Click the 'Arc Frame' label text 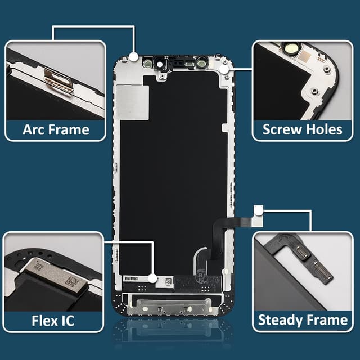click(56, 130)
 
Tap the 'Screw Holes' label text click(303, 129)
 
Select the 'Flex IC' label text click(53, 321)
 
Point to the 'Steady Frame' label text click(303, 320)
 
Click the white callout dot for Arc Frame click(133, 57)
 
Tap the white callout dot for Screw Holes click(224, 69)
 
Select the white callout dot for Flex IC click(152, 278)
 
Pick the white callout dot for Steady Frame click(259, 210)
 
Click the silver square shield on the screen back click(133, 102)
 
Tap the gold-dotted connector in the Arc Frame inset click(58, 80)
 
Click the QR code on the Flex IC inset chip click(72, 281)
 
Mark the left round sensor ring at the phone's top click(147, 63)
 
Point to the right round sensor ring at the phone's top click(202, 63)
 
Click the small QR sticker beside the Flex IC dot click(169, 281)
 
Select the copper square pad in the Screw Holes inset click(305, 56)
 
